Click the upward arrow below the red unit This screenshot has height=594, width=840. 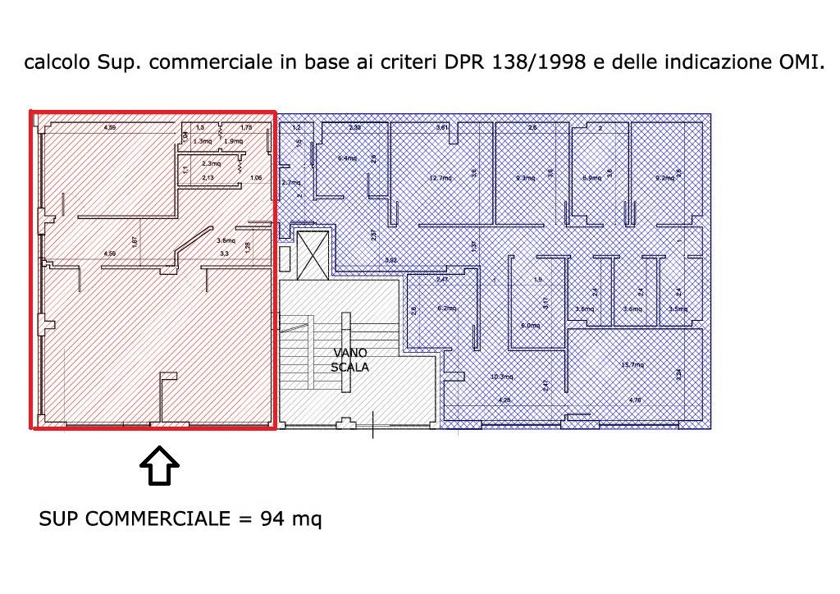click(159, 468)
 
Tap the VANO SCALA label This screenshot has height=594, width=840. click(349, 360)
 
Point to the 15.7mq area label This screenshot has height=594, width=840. click(633, 365)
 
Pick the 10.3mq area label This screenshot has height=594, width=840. click(501, 377)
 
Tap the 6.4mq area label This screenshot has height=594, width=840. click(347, 158)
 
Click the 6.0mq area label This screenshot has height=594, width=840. click(531, 325)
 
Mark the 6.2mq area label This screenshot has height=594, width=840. click(446, 308)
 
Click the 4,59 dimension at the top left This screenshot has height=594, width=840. click(108, 127)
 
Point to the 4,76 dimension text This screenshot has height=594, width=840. click(634, 400)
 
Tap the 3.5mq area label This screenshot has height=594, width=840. click(678, 308)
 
